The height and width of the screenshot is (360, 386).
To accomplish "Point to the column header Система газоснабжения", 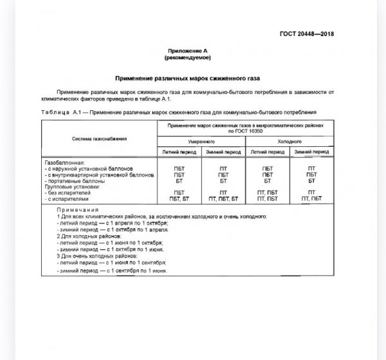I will click(99, 138).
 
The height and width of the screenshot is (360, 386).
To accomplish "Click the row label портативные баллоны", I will click(79, 181).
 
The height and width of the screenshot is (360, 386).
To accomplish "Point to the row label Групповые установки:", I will click(73, 187).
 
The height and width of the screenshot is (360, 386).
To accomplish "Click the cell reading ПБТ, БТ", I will click(179, 199).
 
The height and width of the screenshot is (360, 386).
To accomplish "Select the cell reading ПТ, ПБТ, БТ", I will click(224, 199).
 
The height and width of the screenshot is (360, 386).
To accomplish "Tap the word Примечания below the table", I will click(76, 211).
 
